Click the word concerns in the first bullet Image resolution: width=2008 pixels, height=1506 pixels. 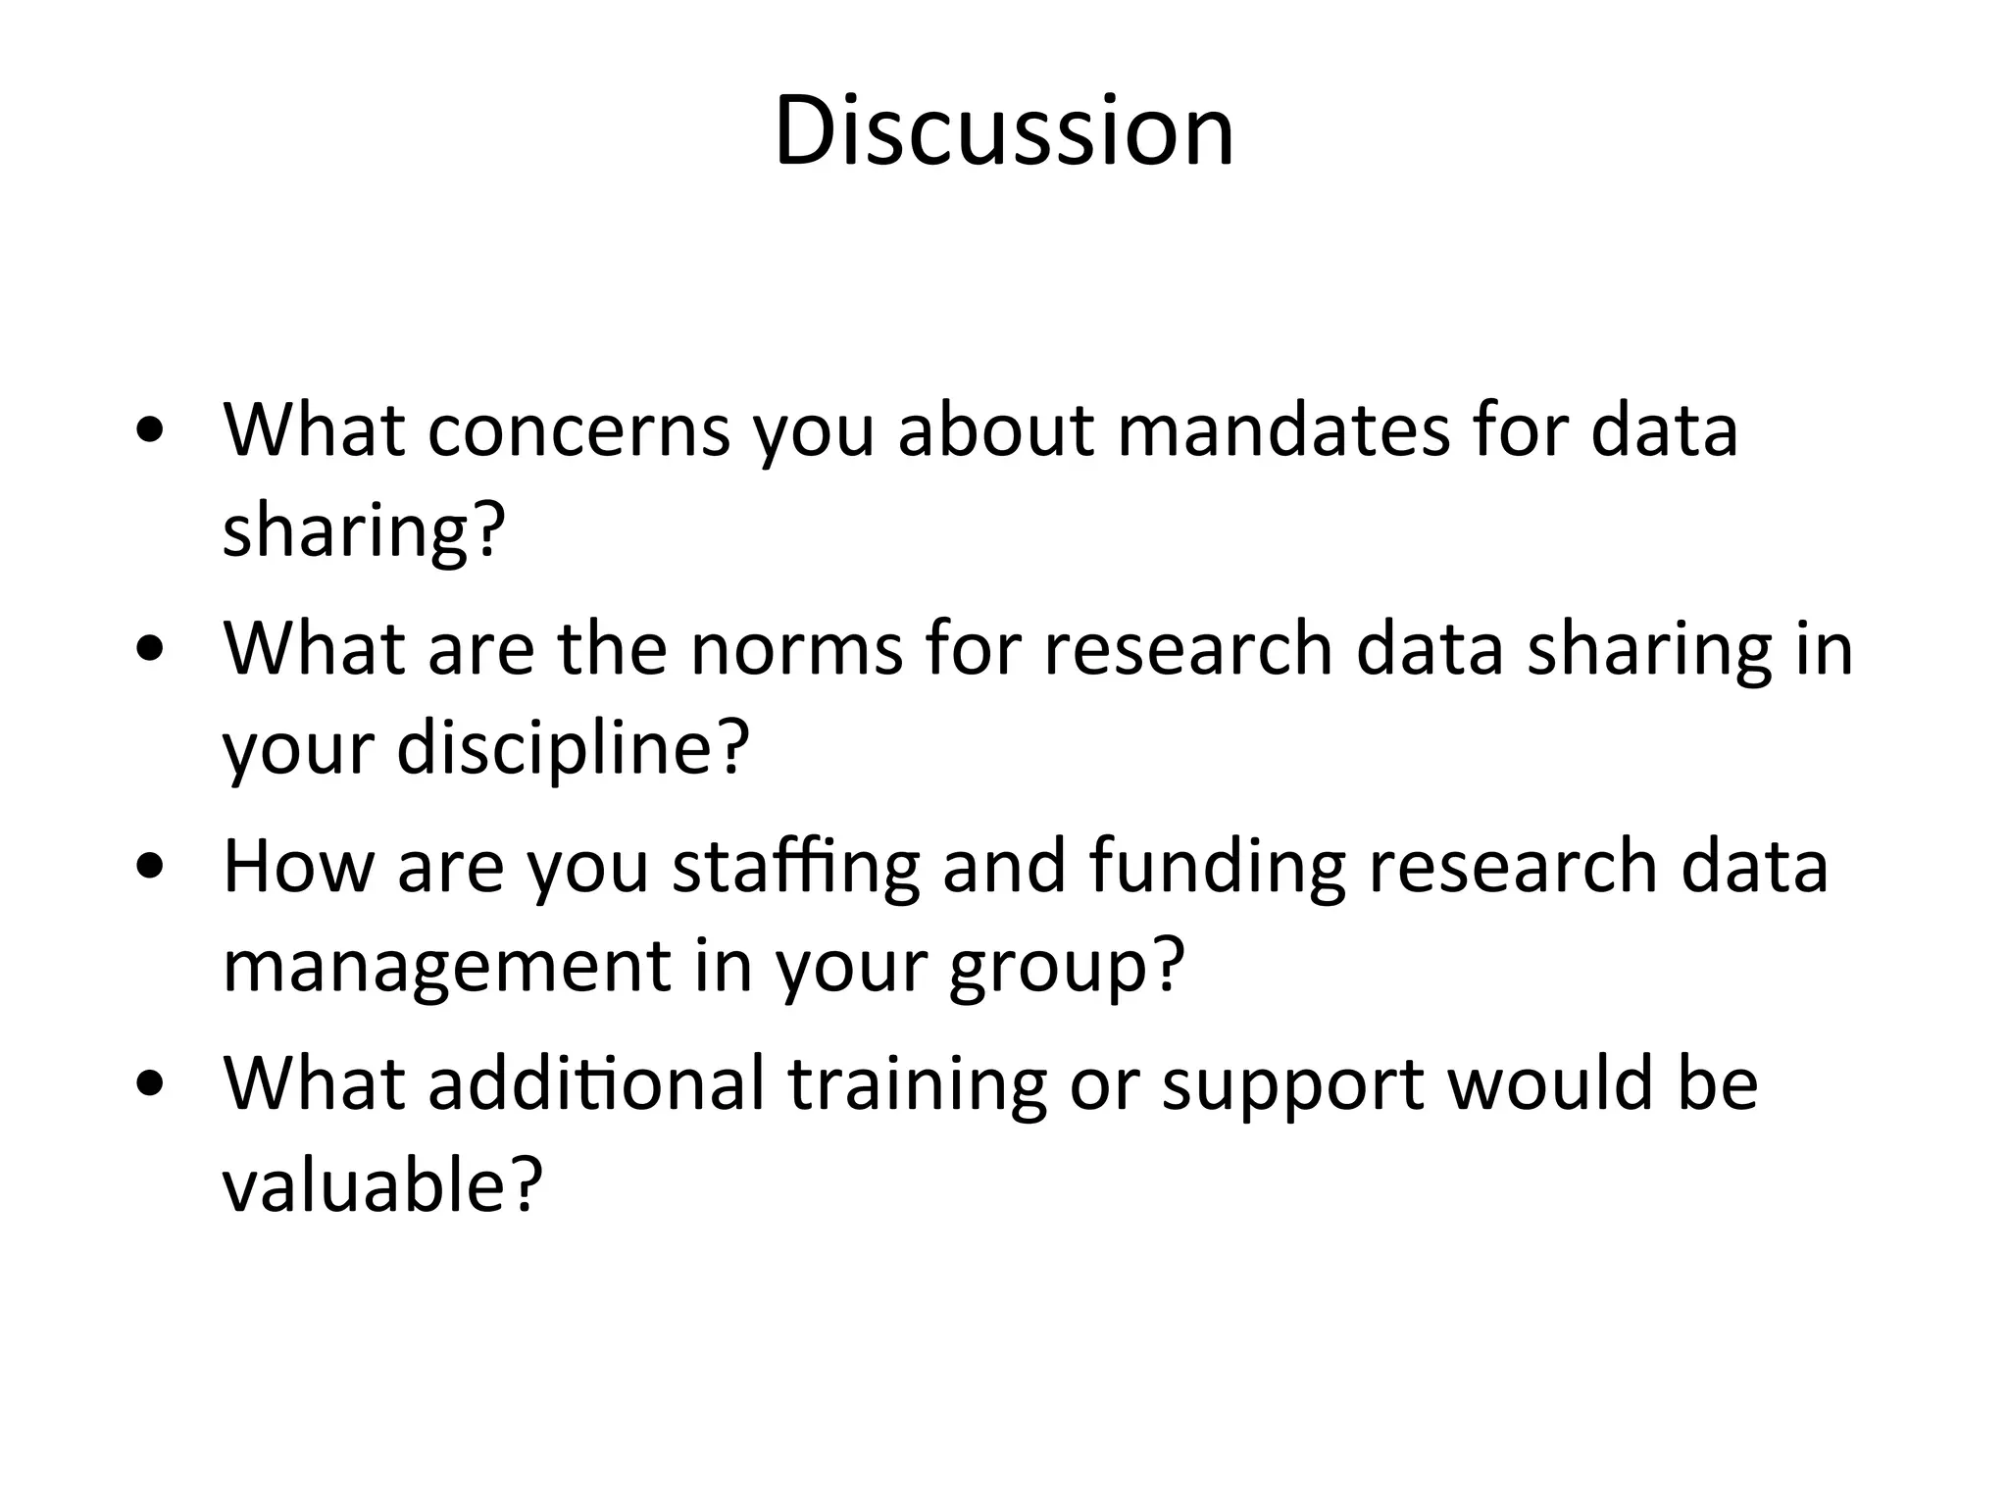[x=578, y=430]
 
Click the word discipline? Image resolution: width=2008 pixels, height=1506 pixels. [x=574, y=747]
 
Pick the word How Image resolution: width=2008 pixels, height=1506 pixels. [x=298, y=867]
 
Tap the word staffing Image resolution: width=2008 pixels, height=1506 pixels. [x=795, y=869]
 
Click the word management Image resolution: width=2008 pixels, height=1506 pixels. [x=447, y=967]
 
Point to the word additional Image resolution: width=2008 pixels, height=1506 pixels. [x=596, y=1084]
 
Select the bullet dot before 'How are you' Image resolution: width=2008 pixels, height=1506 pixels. [x=151, y=867]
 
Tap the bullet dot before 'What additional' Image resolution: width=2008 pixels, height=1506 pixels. [x=151, y=1084]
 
